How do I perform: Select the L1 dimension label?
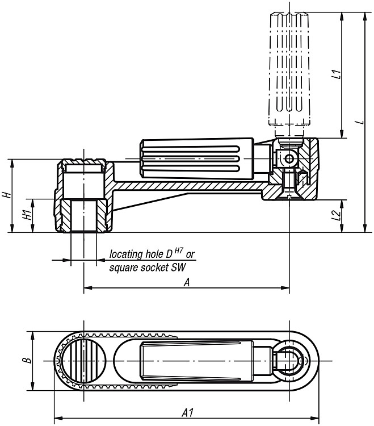(x=336, y=74)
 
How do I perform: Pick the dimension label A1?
(x=187, y=413)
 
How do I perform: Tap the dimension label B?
(x=27, y=361)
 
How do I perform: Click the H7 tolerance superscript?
(x=178, y=251)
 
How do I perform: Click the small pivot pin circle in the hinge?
(x=289, y=159)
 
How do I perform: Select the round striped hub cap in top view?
(x=83, y=361)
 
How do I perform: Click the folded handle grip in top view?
(x=197, y=361)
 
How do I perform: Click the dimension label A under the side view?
(x=187, y=283)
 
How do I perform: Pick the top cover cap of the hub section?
(x=83, y=162)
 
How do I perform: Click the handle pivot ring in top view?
(x=289, y=361)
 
